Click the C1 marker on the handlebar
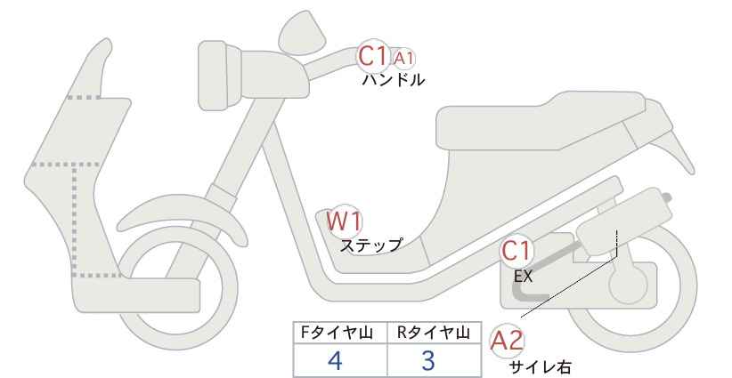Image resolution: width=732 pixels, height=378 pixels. point(373,56)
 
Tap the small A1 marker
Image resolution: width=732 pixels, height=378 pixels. point(403,59)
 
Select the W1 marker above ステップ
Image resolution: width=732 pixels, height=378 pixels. point(344,221)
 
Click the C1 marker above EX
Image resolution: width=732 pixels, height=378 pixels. point(516,251)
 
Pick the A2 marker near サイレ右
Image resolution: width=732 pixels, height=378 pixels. point(507,341)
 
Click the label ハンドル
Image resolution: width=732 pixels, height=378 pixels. point(394,80)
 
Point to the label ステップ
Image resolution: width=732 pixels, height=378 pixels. point(370,245)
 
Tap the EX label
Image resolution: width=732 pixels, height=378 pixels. point(523,277)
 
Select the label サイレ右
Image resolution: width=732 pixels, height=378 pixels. point(540,367)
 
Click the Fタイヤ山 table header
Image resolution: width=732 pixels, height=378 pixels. point(337,333)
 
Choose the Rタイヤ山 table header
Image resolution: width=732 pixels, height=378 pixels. point(434,333)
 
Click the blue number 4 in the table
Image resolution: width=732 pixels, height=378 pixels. point(336,360)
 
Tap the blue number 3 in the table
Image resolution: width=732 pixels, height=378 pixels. point(428,360)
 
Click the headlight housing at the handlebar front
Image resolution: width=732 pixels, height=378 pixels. point(220,75)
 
